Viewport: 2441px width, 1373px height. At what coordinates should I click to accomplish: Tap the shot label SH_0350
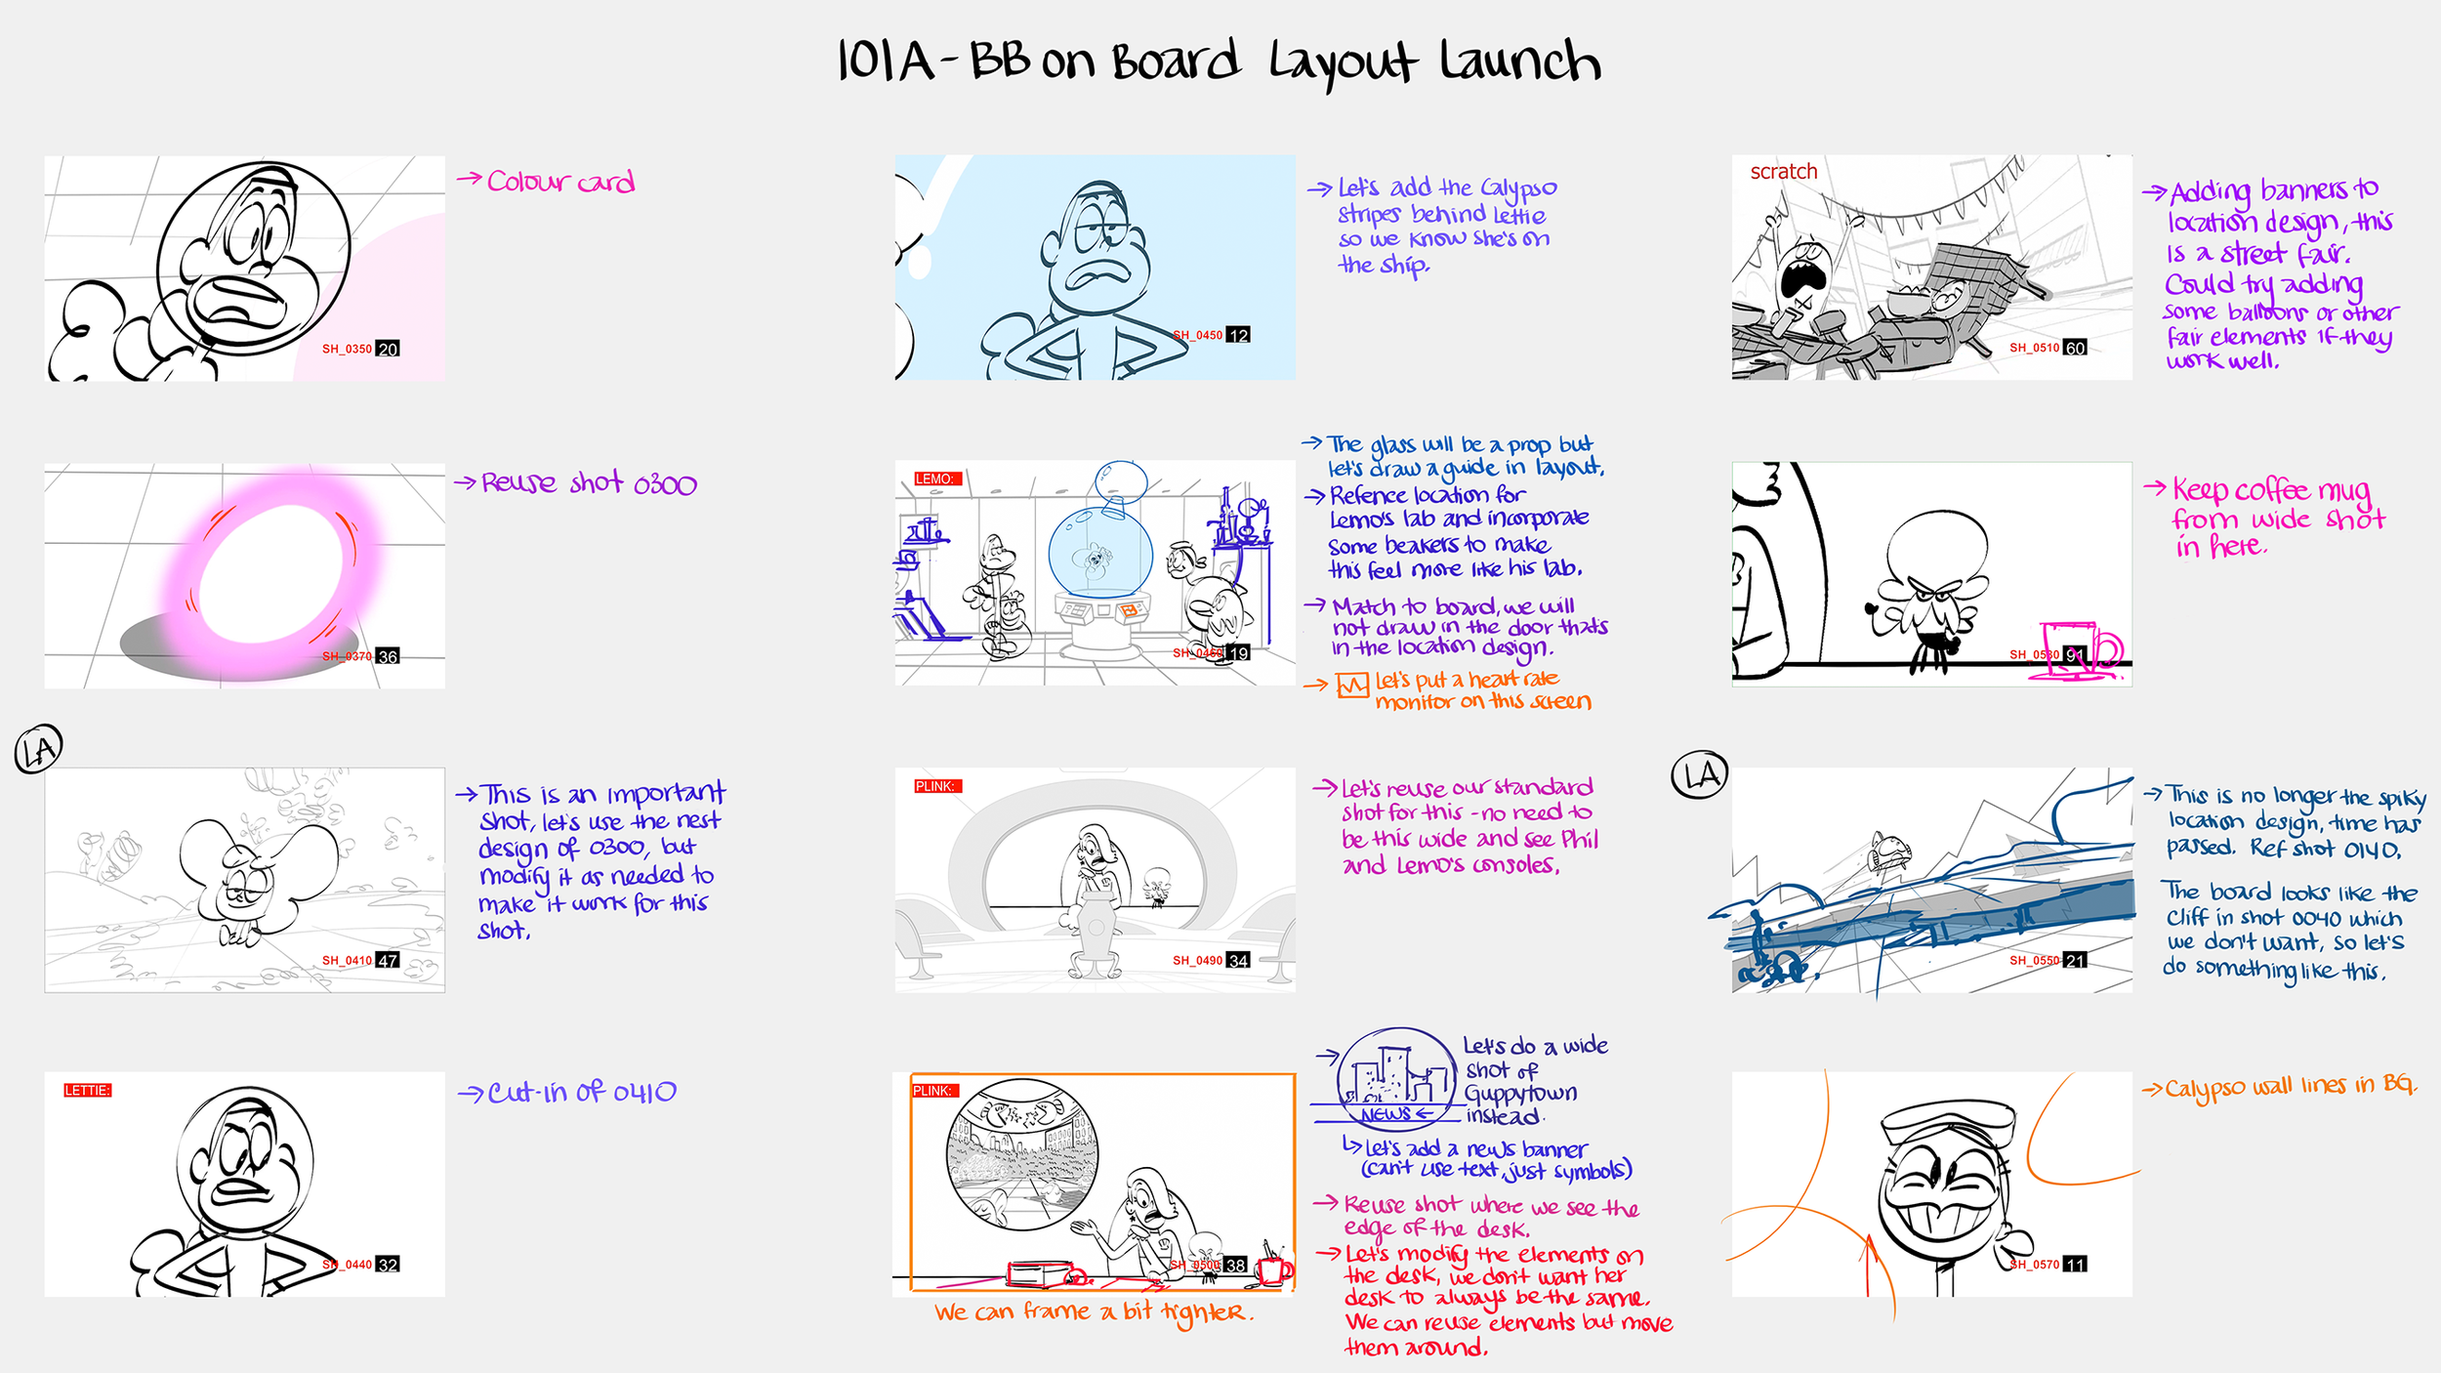[x=347, y=349]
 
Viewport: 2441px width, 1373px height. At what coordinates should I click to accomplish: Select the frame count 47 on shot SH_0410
[x=388, y=960]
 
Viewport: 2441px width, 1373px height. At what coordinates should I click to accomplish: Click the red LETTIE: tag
[x=88, y=1090]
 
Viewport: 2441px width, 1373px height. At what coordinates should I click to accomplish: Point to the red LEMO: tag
[x=934, y=478]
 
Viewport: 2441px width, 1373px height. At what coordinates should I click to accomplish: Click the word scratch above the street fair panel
[x=1783, y=171]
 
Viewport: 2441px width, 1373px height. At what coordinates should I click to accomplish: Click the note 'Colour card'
[x=559, y=182]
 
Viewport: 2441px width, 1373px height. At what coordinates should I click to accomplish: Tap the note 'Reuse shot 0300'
[x=589, y=483]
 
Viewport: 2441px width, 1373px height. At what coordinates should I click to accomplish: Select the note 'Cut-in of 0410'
[x=581, y=1092]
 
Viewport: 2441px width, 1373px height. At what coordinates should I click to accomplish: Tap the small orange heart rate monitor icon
[x=1352, y=686]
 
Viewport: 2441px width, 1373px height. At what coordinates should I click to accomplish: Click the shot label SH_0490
[x=1197, y=960]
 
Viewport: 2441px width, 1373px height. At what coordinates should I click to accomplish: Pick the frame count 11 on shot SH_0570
[x=2075, y=1264]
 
